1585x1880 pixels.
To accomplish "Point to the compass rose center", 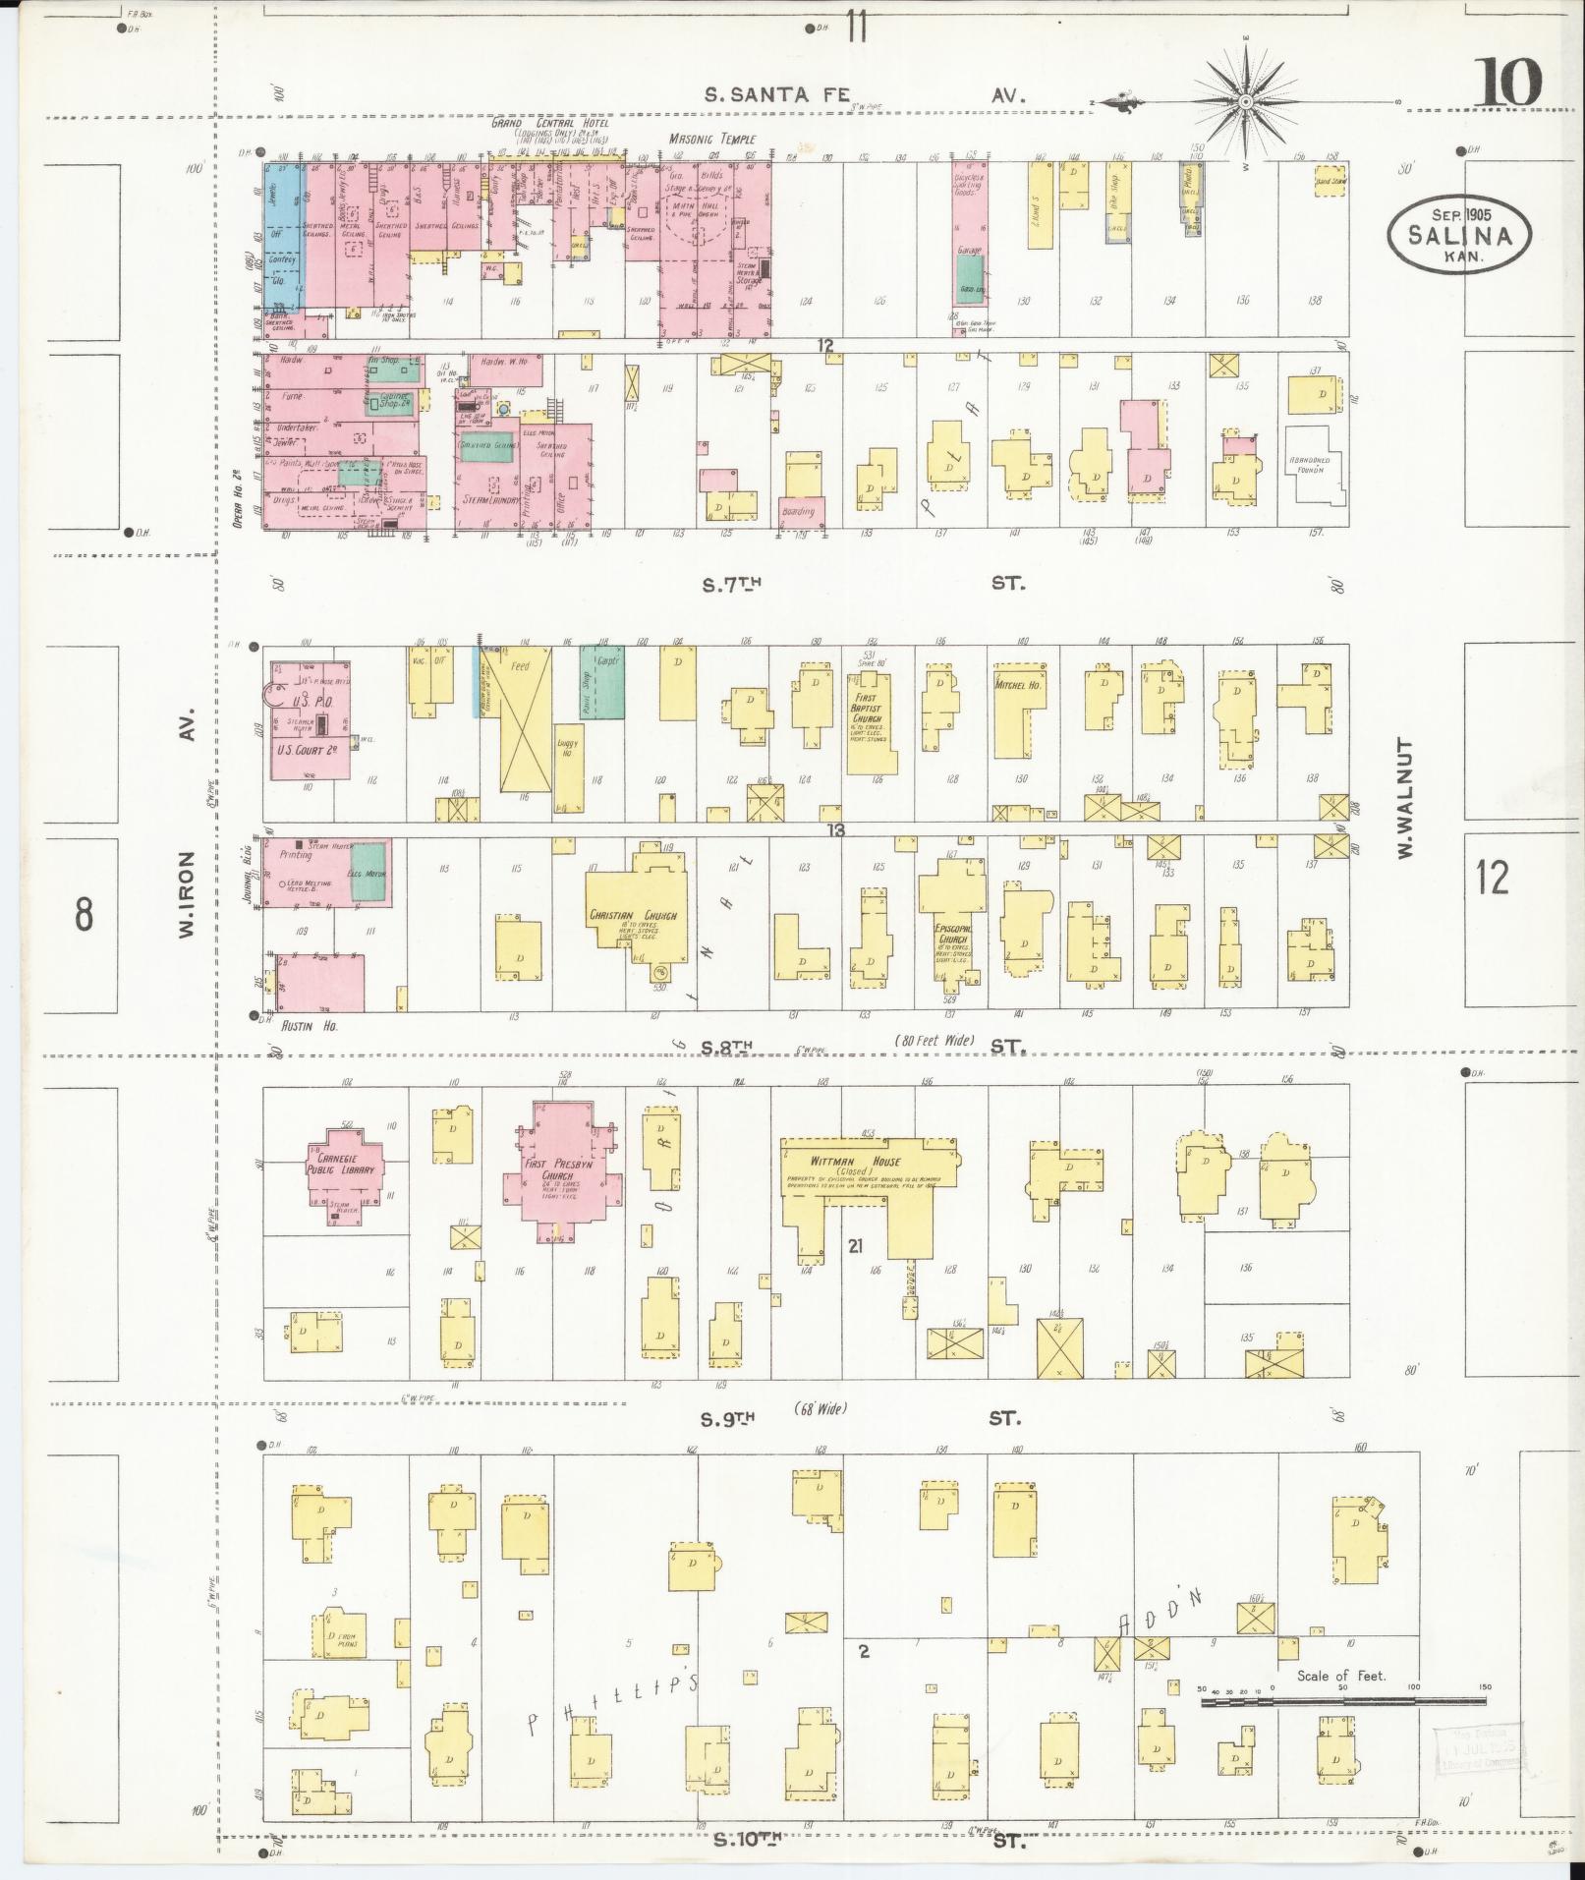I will [1246, 101].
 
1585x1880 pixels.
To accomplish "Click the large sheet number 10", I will [1505, 83].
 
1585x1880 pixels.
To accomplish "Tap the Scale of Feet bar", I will [1342, 1700].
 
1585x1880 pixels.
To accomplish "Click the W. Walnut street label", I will [1406, 798].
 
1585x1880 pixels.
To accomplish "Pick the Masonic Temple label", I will [712, 140].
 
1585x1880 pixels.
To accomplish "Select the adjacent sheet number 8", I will [84, 914].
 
